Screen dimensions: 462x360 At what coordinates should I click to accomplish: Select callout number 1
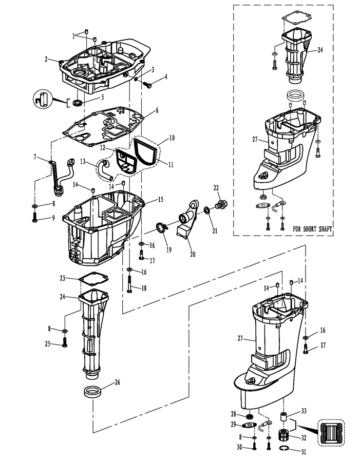pyautogui.click(x=74, y=36)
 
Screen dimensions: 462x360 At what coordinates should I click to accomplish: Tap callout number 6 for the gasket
pyautogui.click(x=157, y=110)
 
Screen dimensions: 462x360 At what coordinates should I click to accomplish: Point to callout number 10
pyautogui.click(x=172, y=138)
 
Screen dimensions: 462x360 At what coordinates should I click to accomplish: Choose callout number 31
pyautogui.click(x=304, y=452)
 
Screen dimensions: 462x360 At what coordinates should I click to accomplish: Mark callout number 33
pyautogui.click(x=304, y=411)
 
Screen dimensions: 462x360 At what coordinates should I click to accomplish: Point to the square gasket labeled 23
pyautogui.click(x=92, y=280)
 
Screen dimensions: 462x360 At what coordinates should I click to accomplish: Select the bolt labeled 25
pyautogui.click(x=65, y=342)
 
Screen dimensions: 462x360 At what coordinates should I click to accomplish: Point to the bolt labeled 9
pyautogui.click(x=34, y=218)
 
